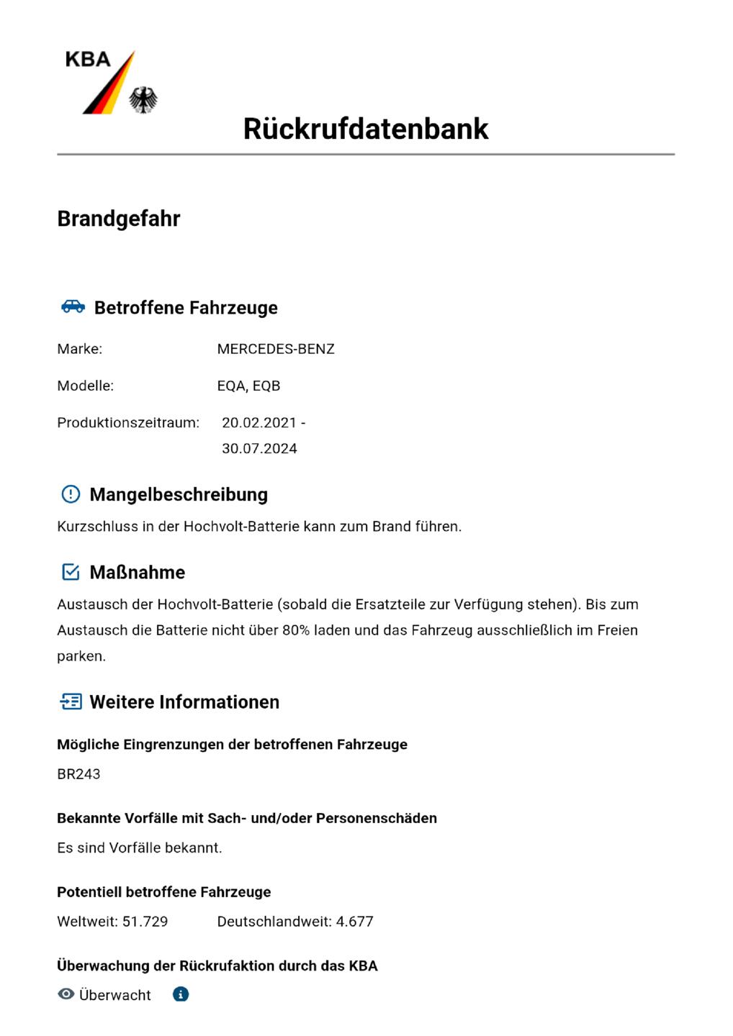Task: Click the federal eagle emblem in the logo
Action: (x=143, y=100)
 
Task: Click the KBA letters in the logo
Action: (x=87, y=60)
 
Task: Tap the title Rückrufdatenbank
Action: (x=366, y=129)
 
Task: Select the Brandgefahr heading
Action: (x=119, y=219)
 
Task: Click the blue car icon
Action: (x=73, y=306)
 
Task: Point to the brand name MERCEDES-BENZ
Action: (x=276, y=349)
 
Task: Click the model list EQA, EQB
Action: (x=248, y=386)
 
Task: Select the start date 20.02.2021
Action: (x=259, y=422)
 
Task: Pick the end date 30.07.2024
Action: (x=259, y=448)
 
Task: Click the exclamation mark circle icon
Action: (x=71, y=494)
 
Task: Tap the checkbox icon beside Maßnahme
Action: (x=71, y=572)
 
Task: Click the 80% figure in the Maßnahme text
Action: (x=295, y=630)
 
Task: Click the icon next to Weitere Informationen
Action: (x=71, y=701)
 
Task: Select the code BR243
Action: (x=78, y=774)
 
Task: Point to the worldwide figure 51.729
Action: (x=145, y=922)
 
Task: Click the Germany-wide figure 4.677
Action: (x=354, y=922)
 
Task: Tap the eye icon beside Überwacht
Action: (x=66, y=994)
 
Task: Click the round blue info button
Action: (x=181, y=994)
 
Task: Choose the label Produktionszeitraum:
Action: (x=128, y=422)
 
